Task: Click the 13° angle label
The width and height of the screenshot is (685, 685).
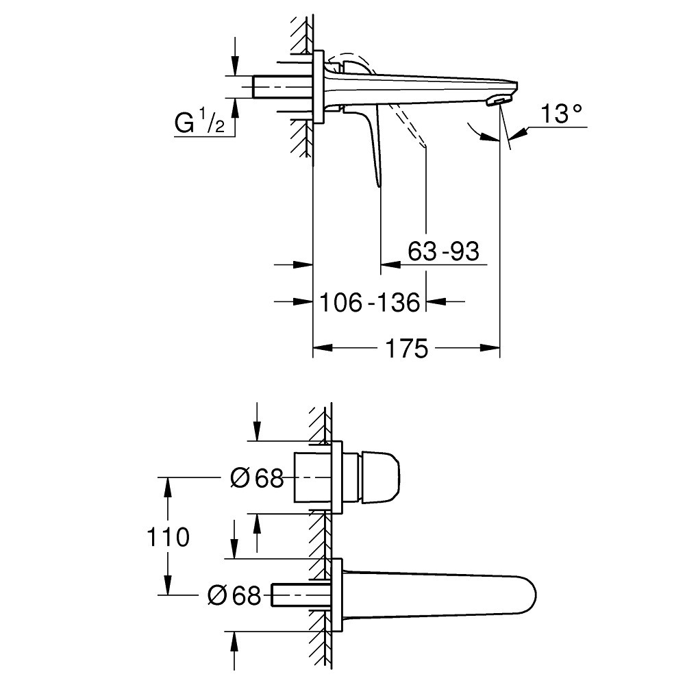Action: [x=561, y=114]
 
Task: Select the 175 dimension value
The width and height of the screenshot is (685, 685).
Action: [x=406, y=349]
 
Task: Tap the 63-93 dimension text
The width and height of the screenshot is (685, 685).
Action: [x=443, y=251]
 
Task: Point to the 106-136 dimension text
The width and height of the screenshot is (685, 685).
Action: [x=370, y=302]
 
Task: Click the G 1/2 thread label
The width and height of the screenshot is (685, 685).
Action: [x=199, y=123]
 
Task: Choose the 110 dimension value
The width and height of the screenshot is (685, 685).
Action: [x=168, y=537]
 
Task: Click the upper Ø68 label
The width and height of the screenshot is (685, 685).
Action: [x=257, y=478]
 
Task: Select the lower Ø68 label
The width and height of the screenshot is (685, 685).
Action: [x=234, y=595]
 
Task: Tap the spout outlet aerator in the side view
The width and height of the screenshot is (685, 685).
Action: [x=496, y=101]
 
